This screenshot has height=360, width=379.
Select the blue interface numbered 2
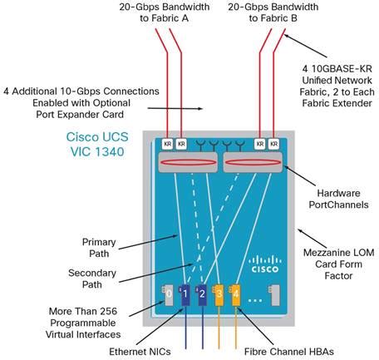pos(202,293)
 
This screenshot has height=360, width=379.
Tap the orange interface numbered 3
pos(219,293)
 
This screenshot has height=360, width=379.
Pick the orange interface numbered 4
pos(236,293)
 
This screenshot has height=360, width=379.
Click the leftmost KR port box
pos(167,144)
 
